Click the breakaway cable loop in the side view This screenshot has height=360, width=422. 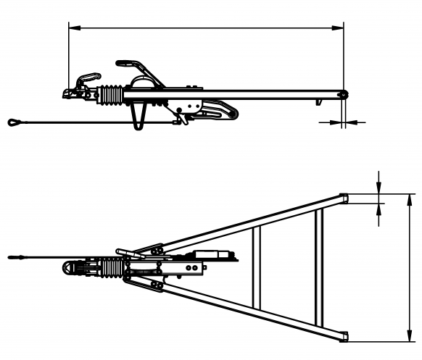[x=16, y=122]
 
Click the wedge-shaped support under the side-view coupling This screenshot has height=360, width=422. [x=138, y=114]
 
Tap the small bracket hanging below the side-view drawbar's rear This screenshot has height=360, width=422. [x=318, y=102]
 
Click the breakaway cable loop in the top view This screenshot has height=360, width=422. [x=16, y=256]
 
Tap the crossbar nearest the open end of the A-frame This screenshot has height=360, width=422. [x=317, y=267]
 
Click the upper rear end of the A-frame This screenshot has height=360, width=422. [x=343, y=198]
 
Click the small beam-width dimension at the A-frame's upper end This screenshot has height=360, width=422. [x=380, y=198]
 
